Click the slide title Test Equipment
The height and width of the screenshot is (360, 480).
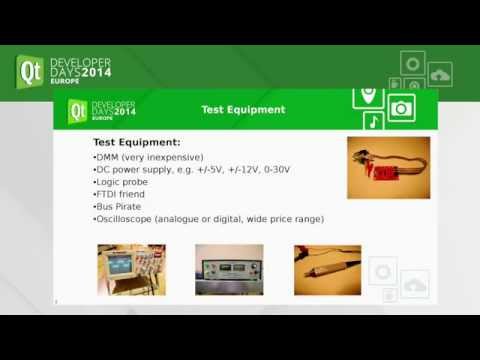click(243, 110)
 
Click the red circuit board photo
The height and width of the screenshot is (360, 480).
click(388, 167)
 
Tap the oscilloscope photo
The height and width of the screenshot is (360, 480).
click(126, 269)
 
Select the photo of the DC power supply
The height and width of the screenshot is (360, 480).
click(229, 269)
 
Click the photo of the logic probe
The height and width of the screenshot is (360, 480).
click(327, 269)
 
